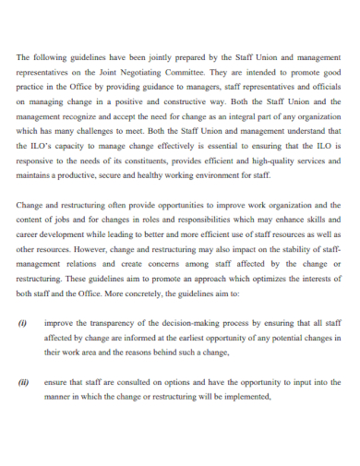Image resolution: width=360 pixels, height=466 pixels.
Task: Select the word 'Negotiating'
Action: coord(140,73)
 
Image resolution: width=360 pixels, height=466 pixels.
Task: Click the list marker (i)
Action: coord(23,324)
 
